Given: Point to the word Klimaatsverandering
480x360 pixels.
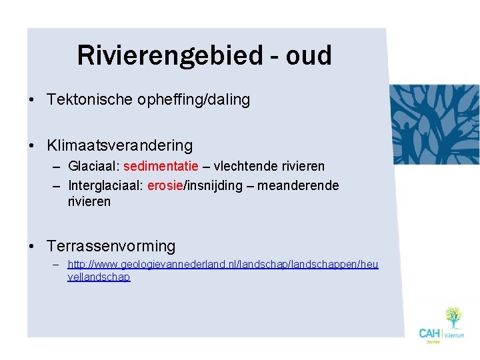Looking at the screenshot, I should point(119,145).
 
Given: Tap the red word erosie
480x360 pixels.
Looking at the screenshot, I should point(165,185).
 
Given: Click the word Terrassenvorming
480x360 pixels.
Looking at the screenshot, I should point(111,246).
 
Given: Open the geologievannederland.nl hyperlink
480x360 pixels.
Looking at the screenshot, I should point(223,265).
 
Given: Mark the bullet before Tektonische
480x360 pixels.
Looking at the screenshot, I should point(32,101).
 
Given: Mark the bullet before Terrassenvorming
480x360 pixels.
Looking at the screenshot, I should point(32,247).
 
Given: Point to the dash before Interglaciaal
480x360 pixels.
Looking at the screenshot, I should point(55,186).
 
